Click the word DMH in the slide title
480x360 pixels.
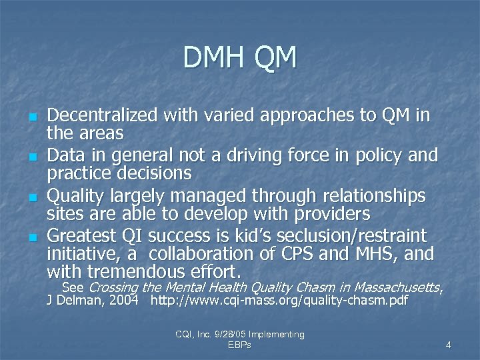click(x=213, y=59)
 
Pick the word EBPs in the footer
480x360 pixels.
click(x=239, y=345)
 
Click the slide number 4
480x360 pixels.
click(x=449, y=345)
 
